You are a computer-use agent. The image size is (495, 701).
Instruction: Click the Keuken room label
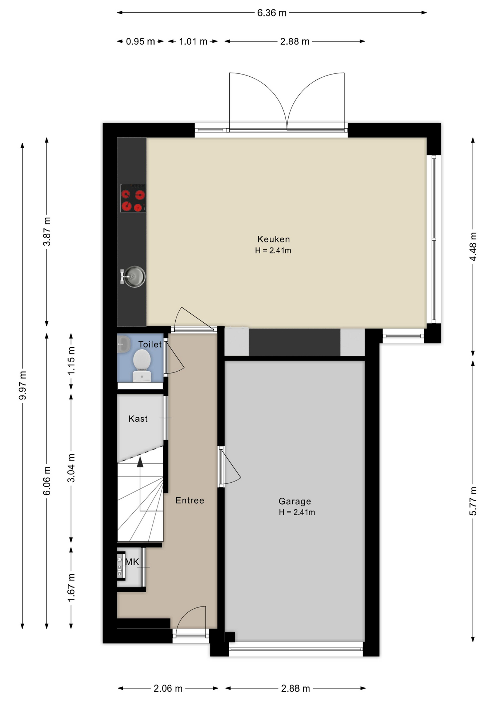point(273,239)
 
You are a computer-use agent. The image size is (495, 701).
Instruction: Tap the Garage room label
point(295,501)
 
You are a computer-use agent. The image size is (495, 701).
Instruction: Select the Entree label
point(190,500)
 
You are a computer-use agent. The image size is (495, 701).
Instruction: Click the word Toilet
point(150,344)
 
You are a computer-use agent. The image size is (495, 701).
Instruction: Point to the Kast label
point(138,419)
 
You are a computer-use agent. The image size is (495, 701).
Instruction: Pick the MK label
point(132,562)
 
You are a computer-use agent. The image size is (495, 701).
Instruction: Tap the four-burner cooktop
point(133,198)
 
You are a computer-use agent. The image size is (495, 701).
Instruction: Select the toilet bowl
point(142,365)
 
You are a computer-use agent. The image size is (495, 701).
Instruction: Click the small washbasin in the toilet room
point(124,344)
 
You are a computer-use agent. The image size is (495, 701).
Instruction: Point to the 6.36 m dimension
point(272,13)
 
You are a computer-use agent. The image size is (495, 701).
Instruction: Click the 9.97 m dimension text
point(23,385)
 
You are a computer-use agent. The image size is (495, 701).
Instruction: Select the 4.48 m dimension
point(473,246)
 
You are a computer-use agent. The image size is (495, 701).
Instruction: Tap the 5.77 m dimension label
point(473,501)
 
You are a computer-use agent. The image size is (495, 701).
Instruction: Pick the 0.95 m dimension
point(140,41)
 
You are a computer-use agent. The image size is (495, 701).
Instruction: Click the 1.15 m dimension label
point(71,360)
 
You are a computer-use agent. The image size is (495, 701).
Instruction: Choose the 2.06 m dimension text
point(168,688)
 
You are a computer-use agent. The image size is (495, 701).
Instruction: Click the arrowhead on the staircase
point(140,462)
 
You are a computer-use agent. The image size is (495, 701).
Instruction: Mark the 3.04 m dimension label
point(71,468)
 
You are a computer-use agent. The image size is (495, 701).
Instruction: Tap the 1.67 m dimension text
point(71,587)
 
